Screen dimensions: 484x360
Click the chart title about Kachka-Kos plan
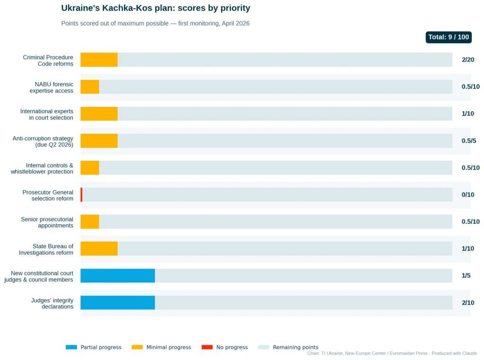tap(156, 8)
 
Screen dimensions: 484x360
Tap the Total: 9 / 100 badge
tap(449, 37)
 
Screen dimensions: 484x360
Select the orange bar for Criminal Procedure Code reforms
tap(99, 60)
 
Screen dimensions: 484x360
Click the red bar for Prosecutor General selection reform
tap(81, 195)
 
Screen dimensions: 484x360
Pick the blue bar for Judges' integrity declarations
tap(118, 303)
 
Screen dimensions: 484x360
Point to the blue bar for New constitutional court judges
tap(118, 276)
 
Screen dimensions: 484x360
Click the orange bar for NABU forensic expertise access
tap(90, 87)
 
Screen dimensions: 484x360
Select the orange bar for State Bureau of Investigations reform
tap(99, 249)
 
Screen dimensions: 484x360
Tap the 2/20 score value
tap(468, 60)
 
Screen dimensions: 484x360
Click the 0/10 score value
tap(468, 195)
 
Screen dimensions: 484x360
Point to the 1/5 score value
tap(466, 276)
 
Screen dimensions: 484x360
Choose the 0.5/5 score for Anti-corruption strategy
tap(469, 141)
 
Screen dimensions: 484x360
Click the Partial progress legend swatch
tap(71, 347)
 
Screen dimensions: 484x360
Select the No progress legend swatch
tap(207, 347)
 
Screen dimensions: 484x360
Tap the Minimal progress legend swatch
tap(137, 347)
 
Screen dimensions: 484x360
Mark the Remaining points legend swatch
tap(264, 347)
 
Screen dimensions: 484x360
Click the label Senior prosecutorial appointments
tap(47, 222)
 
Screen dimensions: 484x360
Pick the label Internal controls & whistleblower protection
tap(42, 168)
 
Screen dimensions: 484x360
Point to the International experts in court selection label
tap(47, 114)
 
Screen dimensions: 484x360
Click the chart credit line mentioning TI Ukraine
tap(392, 353)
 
